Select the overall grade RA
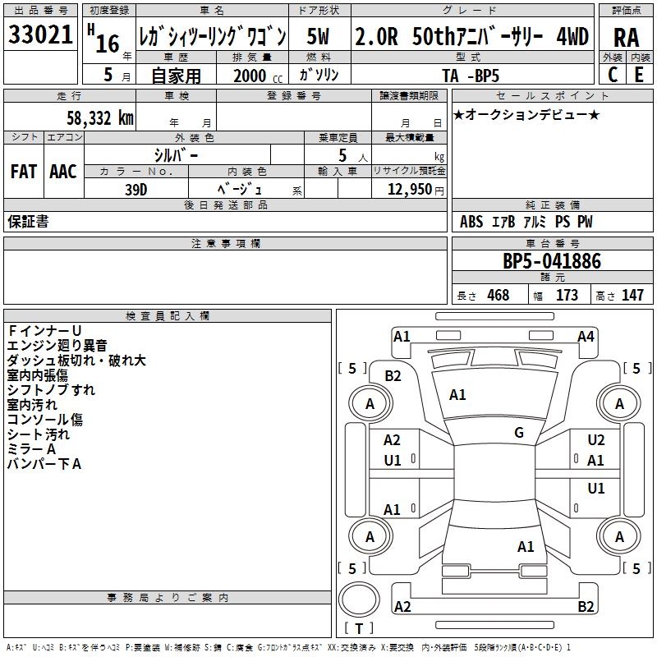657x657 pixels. pyautogui.click(x=626, y=37)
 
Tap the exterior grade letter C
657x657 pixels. pyautogui.click(x=612, y=74)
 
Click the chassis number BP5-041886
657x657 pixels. pyautogui.click(x=552, y=262)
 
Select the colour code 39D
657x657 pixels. pyautogui.click(x=136, y=188)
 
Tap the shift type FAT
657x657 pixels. pyautogui.click(x=23, y=172)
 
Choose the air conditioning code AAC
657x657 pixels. pyautogui.click(x=62, y=172)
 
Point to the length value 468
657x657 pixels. pyautogui.click(x=498, y=295)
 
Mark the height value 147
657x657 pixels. pyautogui.click(x=632, y=295)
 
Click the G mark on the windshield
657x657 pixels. pyautogui.click(x=519, y=433)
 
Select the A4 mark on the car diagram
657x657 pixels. pyautogui.click(x=586, y=336)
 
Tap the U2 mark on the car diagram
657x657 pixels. pyautogui.click(x=596, y=440)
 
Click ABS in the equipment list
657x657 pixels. pyautogui.click(x=471, y=222)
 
